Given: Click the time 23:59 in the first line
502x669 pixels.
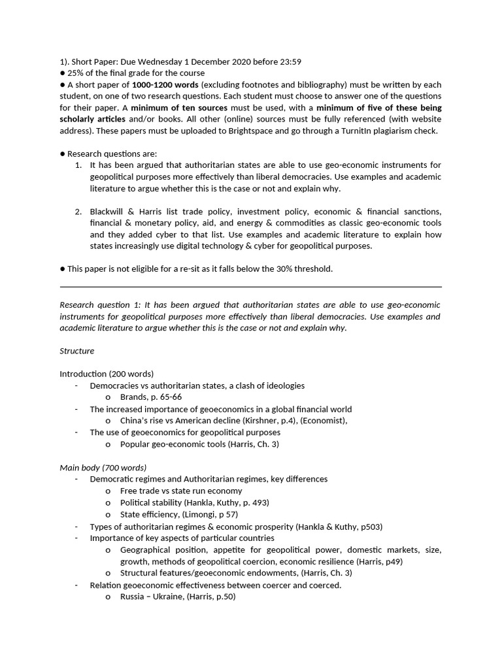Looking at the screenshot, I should (290, 61).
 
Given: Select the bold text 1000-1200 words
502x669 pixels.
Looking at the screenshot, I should (163, 85).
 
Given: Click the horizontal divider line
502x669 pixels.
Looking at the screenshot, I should (250, 287).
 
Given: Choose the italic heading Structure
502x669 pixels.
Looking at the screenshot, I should (77, 351).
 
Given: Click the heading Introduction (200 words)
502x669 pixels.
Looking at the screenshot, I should (107, 374).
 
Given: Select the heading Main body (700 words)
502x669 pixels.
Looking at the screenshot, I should (103, 467).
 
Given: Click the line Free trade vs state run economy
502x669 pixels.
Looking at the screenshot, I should (181, 491).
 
